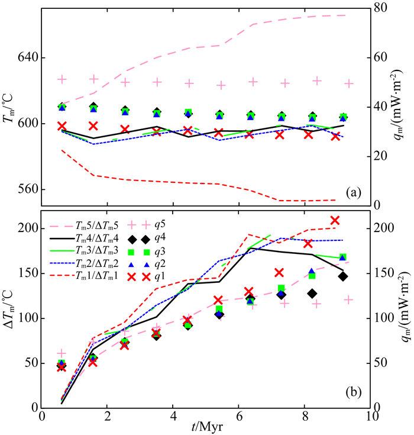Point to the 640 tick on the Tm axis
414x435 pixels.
26,58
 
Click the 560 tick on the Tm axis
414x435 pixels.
26,189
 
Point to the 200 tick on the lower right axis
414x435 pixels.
388,228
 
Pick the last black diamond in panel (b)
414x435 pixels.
343,276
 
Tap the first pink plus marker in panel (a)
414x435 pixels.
62,79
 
